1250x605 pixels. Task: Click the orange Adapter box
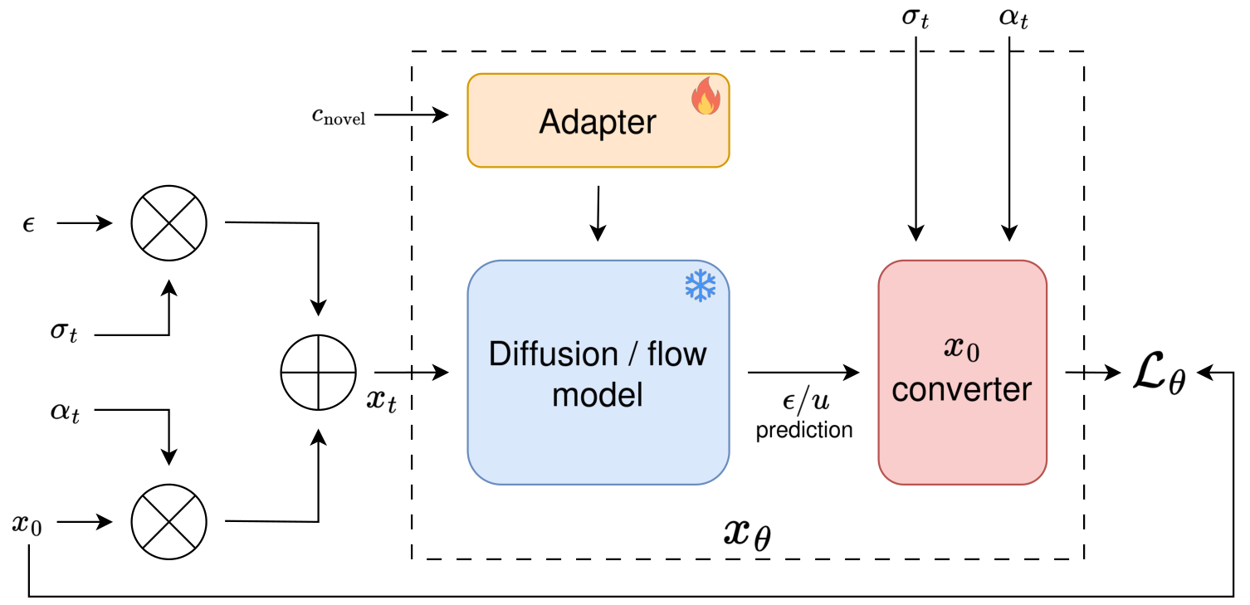[x=598, y=120]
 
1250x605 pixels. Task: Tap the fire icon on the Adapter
[x=706, y=96]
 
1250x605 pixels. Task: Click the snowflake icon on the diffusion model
[x=700, y=285]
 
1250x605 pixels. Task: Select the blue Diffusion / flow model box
[x=598, y=373]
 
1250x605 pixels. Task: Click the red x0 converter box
[x=962, y=372]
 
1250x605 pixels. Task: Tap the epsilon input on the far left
[x=29, y=223]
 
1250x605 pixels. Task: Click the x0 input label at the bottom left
[x=27, y=524]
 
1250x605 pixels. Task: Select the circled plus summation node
[x=319, y=373]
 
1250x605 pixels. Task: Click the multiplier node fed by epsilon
[x=169, y=223]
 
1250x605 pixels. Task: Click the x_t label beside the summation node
[x=381, y=401]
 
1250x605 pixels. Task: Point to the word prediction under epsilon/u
[x=803, y=431]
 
